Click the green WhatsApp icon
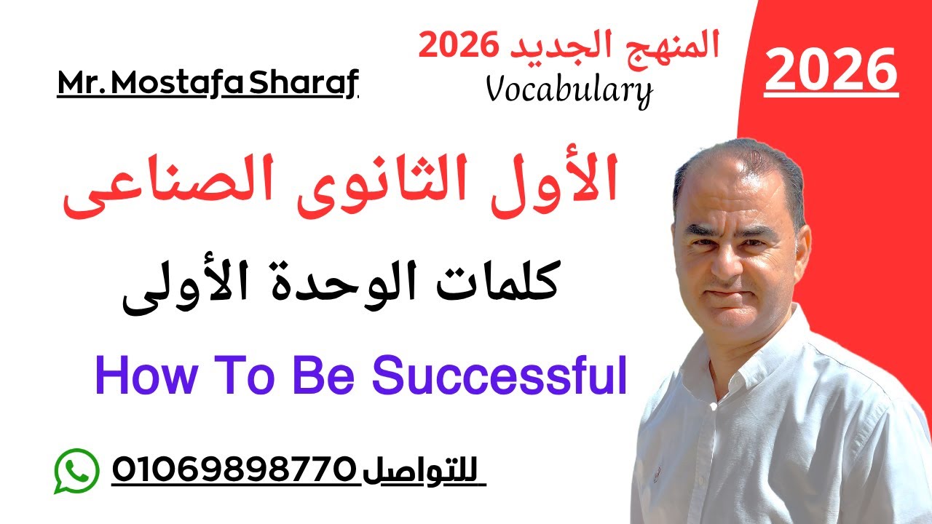click(x=76, y=471)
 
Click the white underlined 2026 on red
click(x=831, y=71)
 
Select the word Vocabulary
click(x=569, y=90)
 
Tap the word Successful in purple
click(x=499, y=377)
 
